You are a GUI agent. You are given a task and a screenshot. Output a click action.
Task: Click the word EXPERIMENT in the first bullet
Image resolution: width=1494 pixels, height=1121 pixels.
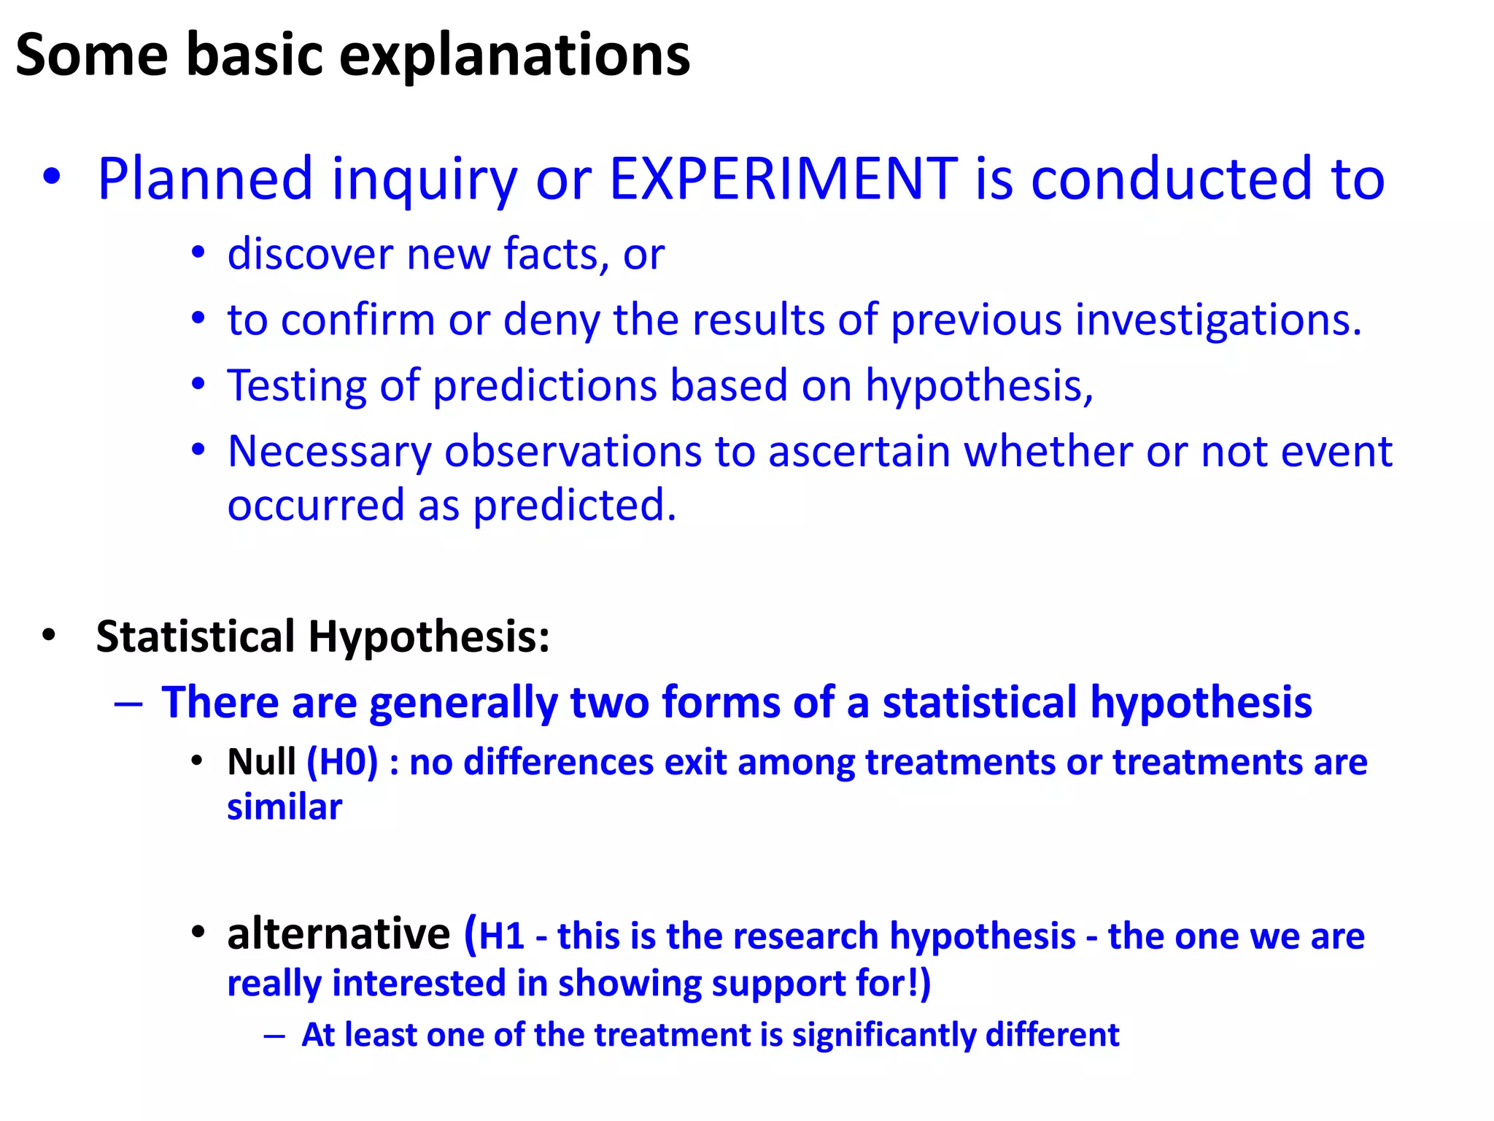783,179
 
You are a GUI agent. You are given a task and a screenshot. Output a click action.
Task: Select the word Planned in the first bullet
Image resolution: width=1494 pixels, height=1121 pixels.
205,179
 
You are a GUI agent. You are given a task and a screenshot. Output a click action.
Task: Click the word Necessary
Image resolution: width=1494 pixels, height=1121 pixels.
330,452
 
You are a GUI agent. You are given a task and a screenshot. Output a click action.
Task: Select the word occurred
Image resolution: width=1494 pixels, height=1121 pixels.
315,505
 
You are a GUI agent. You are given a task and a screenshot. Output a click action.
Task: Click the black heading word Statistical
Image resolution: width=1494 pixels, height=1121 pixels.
196,636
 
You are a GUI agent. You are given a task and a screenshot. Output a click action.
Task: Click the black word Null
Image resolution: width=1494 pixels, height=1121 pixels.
261,762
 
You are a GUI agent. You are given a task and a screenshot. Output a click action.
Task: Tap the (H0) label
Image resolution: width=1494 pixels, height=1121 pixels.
342,762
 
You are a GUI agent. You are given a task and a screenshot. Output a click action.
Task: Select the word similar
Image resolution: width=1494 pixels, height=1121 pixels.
284,807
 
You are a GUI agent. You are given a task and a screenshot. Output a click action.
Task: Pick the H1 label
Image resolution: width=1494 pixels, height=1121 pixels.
502,936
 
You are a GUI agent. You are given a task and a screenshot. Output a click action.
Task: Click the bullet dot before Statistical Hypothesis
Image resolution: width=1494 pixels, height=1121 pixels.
49,635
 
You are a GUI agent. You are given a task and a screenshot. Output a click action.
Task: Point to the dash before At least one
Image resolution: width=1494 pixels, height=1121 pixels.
274,1036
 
